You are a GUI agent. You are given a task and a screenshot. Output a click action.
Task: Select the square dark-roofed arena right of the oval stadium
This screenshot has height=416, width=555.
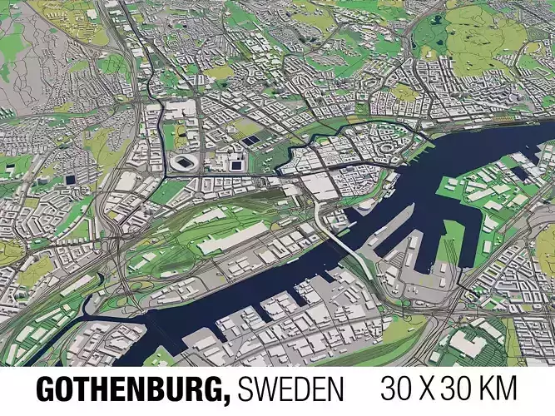coord(235,162)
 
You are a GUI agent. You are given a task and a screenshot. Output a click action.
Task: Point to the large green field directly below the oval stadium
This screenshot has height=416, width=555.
coord(171,192)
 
